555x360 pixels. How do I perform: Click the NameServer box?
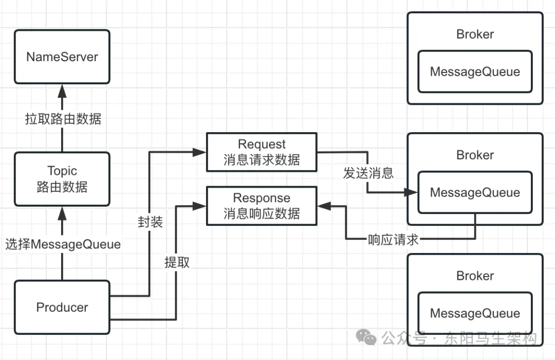62,57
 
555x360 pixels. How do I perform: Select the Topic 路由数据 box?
62,178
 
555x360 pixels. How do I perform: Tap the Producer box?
62,307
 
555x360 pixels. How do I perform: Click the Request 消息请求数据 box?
262,152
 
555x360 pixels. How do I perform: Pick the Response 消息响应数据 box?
262,206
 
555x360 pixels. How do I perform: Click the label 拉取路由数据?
63,119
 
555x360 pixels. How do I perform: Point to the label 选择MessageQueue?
63,244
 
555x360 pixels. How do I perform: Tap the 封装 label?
150,222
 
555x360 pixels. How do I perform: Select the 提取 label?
177,262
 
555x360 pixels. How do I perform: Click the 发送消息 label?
368,173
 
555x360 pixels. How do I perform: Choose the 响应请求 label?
393,240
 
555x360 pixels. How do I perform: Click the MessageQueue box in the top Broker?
475,71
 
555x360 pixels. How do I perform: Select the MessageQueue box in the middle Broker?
475,193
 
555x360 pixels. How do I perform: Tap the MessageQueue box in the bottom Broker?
475,313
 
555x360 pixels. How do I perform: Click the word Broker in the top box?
475,34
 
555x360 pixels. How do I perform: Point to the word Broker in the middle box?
475,155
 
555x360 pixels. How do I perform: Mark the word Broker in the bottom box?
475,276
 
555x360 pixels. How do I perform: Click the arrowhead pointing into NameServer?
62,91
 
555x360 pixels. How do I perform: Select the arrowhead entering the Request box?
200,152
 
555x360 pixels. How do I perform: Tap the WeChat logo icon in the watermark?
367,337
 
